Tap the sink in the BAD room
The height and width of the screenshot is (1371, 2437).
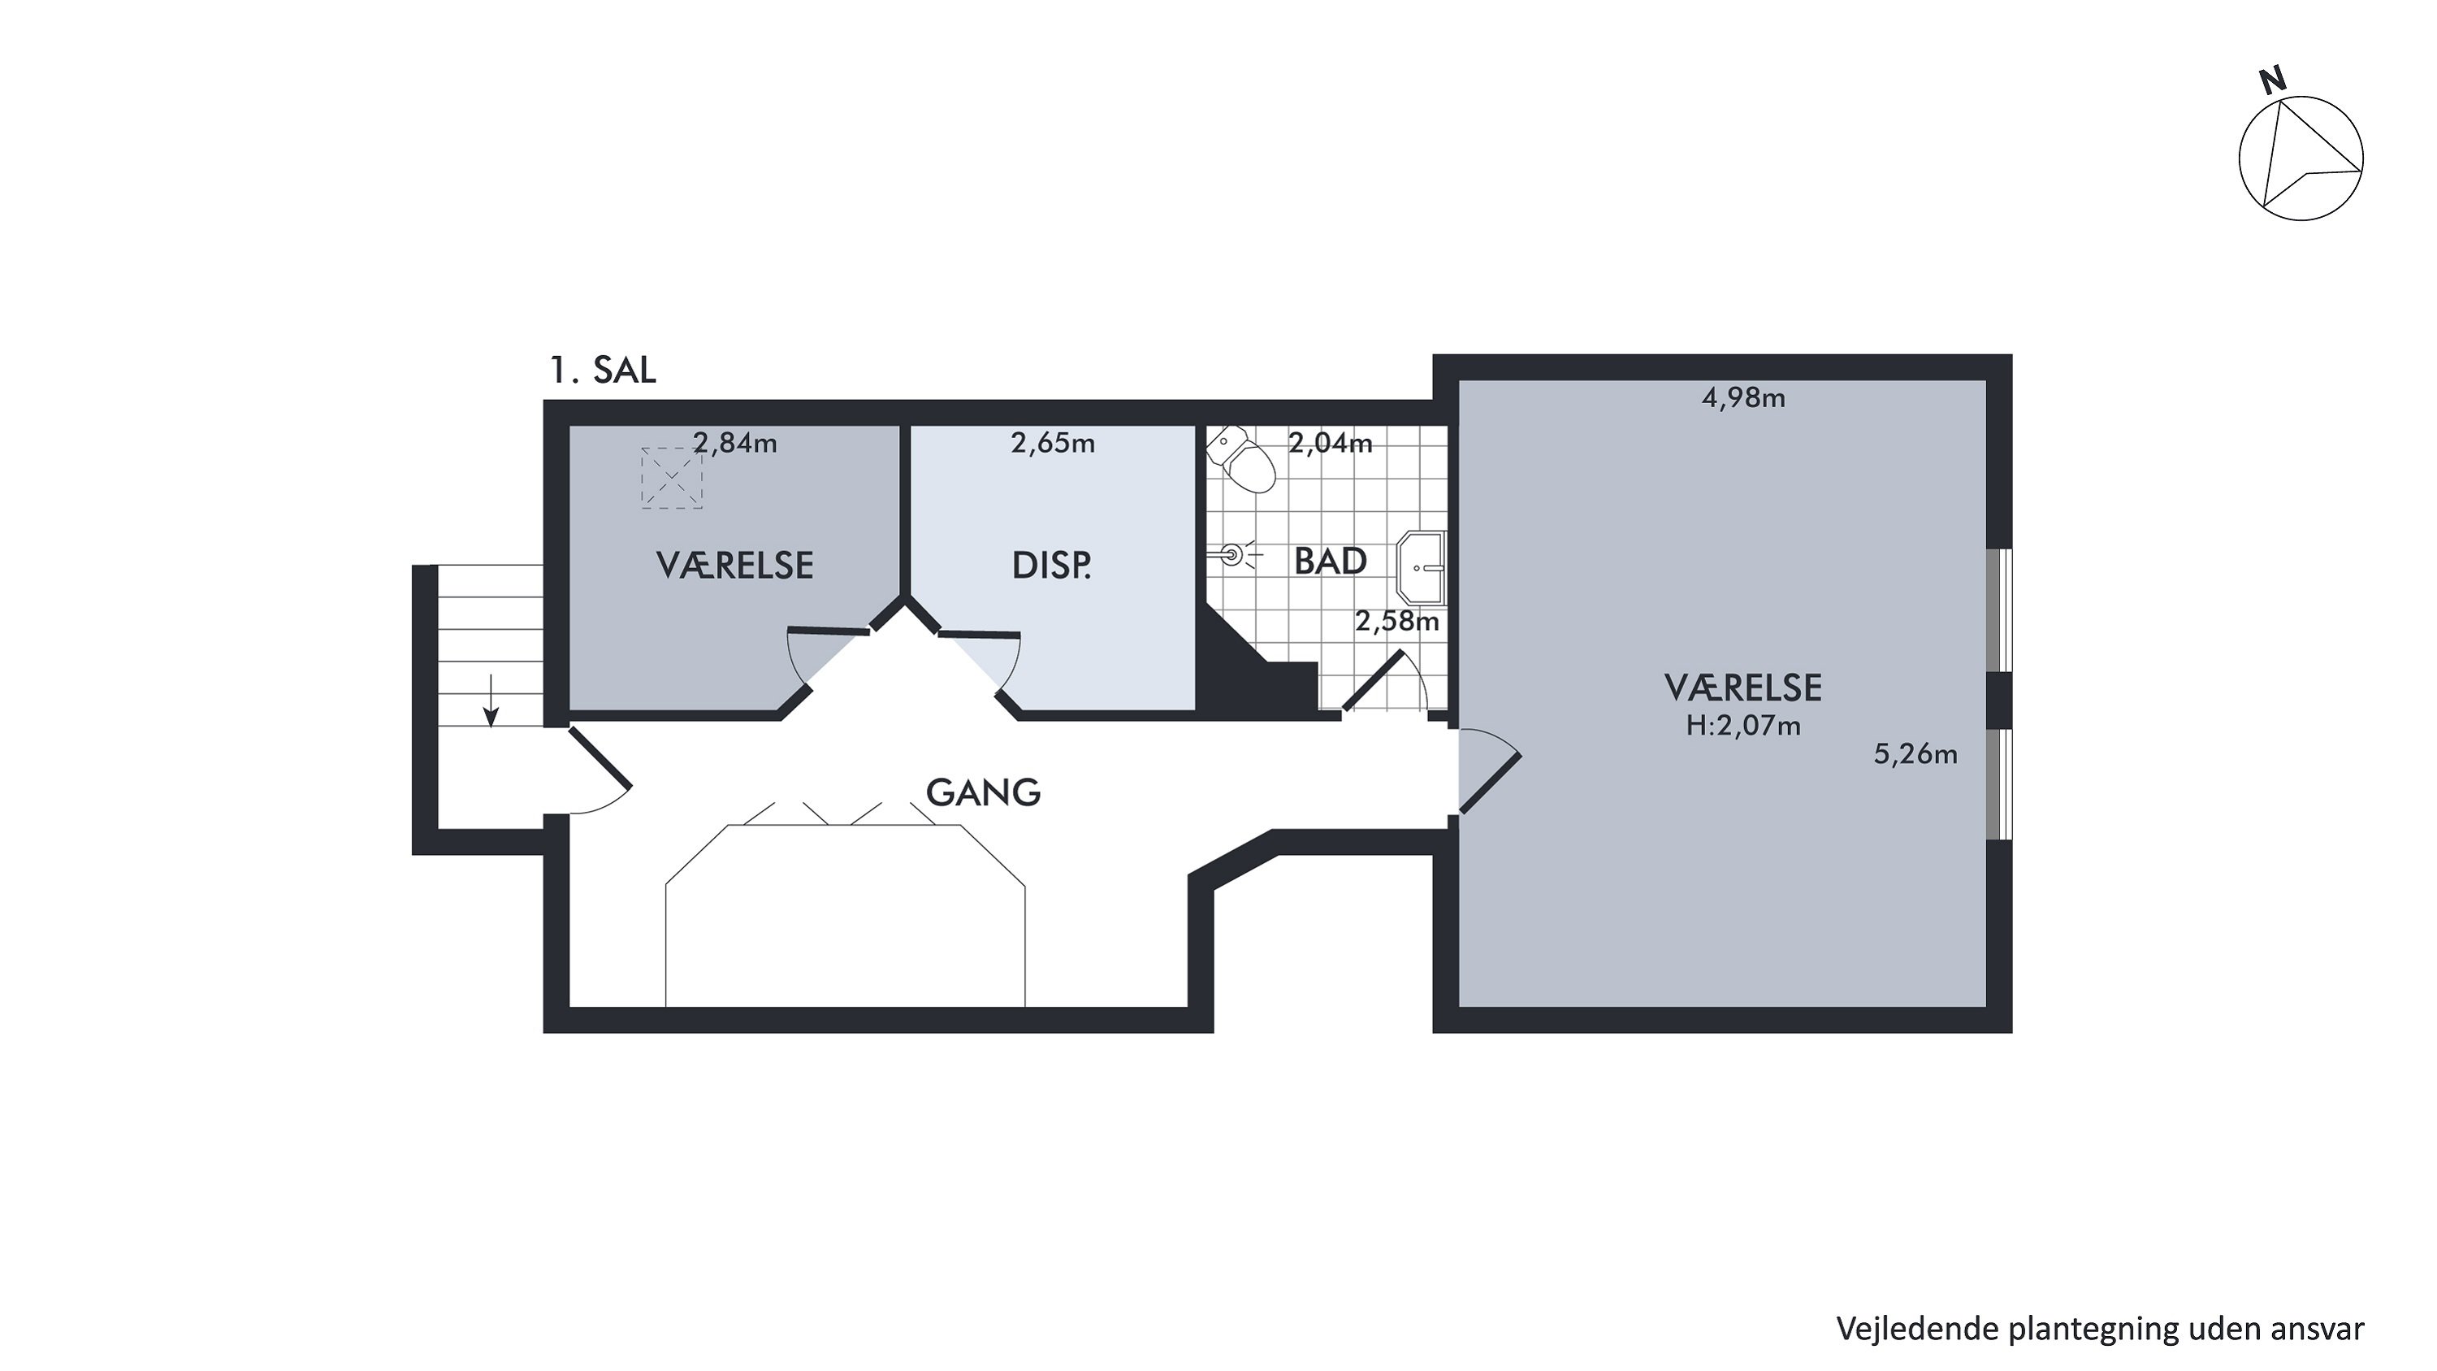(x=1421, y=568)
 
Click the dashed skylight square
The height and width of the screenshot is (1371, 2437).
(x=672, y=478)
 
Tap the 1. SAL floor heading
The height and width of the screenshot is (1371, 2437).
(x=603, y=370)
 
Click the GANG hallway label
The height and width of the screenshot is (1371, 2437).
(x=983, y=792)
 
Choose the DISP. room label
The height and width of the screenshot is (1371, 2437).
(x=1051, y=566)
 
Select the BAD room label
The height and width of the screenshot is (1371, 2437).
(x=1330, y=561)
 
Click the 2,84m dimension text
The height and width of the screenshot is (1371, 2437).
(x=735, y=443)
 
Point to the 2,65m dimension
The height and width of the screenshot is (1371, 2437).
(x=1053, y=443)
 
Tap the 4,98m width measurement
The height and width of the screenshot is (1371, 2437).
(x=1743, y=398)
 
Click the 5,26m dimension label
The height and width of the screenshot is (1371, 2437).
(x=1915, y=754)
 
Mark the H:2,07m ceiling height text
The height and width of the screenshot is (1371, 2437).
(x=1743, y=726)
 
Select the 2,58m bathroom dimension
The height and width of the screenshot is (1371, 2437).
(x=1397, y=621)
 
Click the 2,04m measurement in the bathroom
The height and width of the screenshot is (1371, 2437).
(x=1330, y=443)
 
